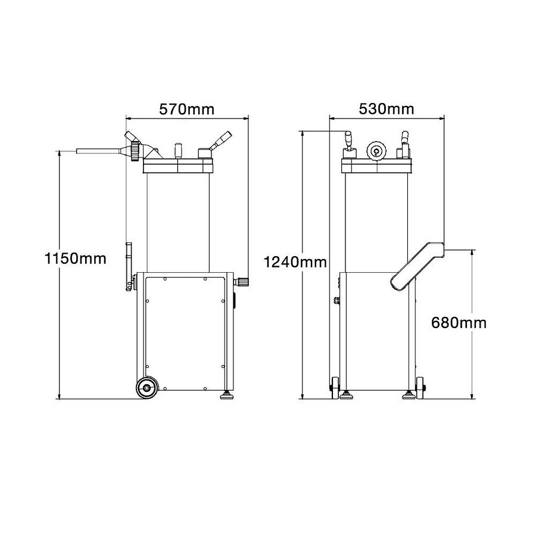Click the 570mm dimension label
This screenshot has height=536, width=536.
click(186, 109)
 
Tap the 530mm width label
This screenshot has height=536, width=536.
click(387, 109)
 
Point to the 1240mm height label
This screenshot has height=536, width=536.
click(296, 261)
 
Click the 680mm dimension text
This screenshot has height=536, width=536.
click(459, 323)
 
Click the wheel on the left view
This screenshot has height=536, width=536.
click(145, 388)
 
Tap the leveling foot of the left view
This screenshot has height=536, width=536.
click(228, 395)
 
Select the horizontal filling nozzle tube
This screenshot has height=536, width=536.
click(99, 152)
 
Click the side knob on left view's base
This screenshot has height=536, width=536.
click(243, 281)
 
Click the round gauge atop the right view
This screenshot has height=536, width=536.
click(376, 151)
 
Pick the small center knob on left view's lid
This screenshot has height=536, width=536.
click(178, 149)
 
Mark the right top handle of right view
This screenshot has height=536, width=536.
click(406, 143)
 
